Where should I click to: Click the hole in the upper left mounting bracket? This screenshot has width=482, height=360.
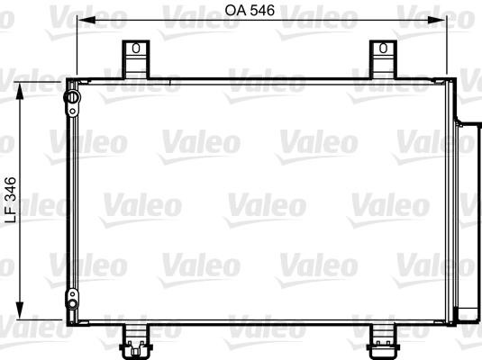[135, 49]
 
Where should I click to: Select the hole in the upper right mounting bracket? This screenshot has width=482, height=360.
[383, 49]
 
